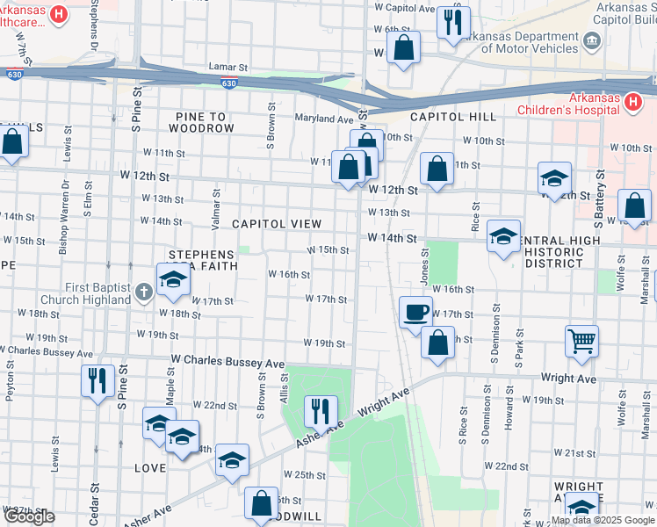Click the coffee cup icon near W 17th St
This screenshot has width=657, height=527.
click(x=415, y=312)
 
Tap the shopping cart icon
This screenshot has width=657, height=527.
click(x=581, y=341)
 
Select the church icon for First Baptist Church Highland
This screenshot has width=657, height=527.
click(x=145, y=290)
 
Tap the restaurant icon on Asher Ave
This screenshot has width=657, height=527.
click(x=321, y=410)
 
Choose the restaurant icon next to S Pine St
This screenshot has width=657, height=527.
click(x=97, y=379)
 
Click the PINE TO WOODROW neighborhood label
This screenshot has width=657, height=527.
click(x=192, y=122)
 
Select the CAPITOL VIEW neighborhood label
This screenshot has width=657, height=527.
click(x=277, y=224)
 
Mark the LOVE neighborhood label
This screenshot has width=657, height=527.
click(x=149, y=468)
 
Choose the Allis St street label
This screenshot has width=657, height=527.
click(x=284, y=386)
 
